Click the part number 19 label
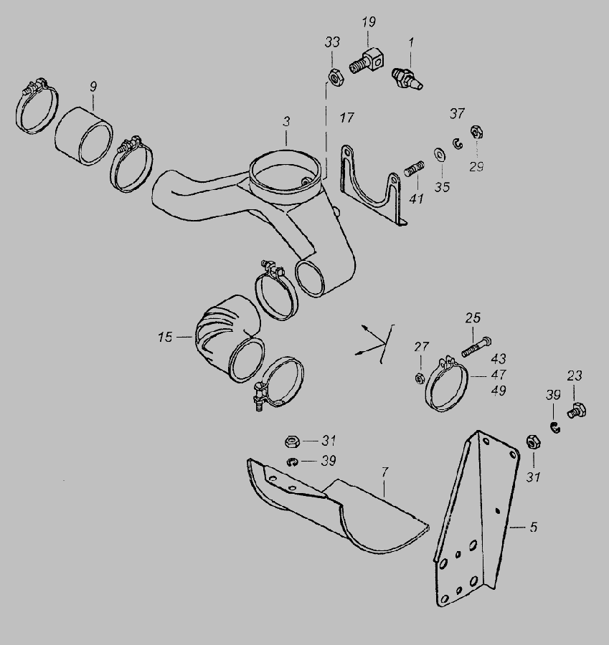coord(369,21)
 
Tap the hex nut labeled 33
coord(334,77)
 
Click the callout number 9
coord(93,87)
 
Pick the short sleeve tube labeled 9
coord(84,135)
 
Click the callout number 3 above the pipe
coord(287,121)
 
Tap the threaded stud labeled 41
coord(413,168)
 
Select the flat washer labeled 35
coord(440,155)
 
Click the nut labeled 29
coord(476,132)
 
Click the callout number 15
coord(165,338)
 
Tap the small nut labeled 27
coord(420,378)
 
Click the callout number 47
coord(499,375)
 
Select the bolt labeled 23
coord(577,411)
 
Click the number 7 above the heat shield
coord(385,472)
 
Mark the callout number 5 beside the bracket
coord(534,527)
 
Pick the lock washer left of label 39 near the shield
coord(293,462)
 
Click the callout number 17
coord(346,118)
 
